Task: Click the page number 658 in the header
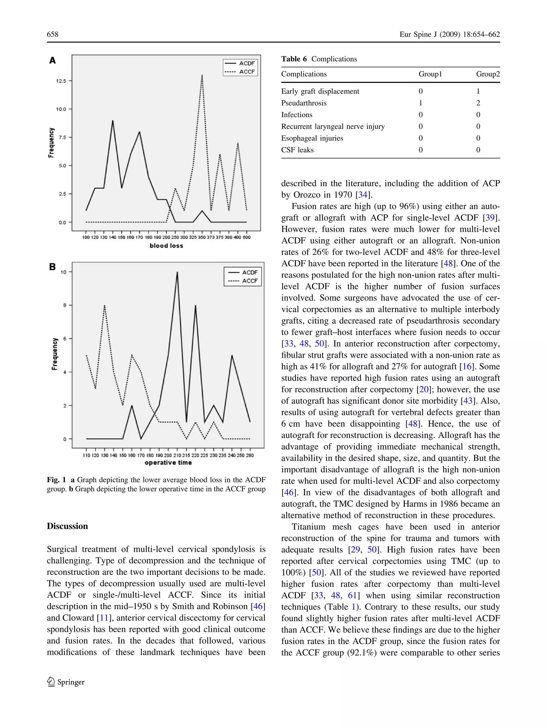tap(53, 34)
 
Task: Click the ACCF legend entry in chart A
tap(247, 72)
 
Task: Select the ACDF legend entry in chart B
tap(250, 272)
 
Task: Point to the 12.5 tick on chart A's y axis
tap(61, 81)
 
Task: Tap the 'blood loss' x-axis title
tap(166, 246)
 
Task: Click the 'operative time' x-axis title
tap(168, 462)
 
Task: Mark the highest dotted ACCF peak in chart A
tap(202, 75)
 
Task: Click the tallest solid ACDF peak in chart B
tap(177, 272)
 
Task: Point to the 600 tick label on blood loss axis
tap(247, 237)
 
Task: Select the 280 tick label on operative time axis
tap(250, 455)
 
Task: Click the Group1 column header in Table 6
tap(430, 74)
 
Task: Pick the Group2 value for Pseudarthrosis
tap(478, 103)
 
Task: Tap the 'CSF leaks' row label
tap(297, 150)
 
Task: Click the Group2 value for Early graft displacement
tap(478, 91)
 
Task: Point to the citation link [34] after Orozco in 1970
tap(363, 195)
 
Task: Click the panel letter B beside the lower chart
tap(53, 267)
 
